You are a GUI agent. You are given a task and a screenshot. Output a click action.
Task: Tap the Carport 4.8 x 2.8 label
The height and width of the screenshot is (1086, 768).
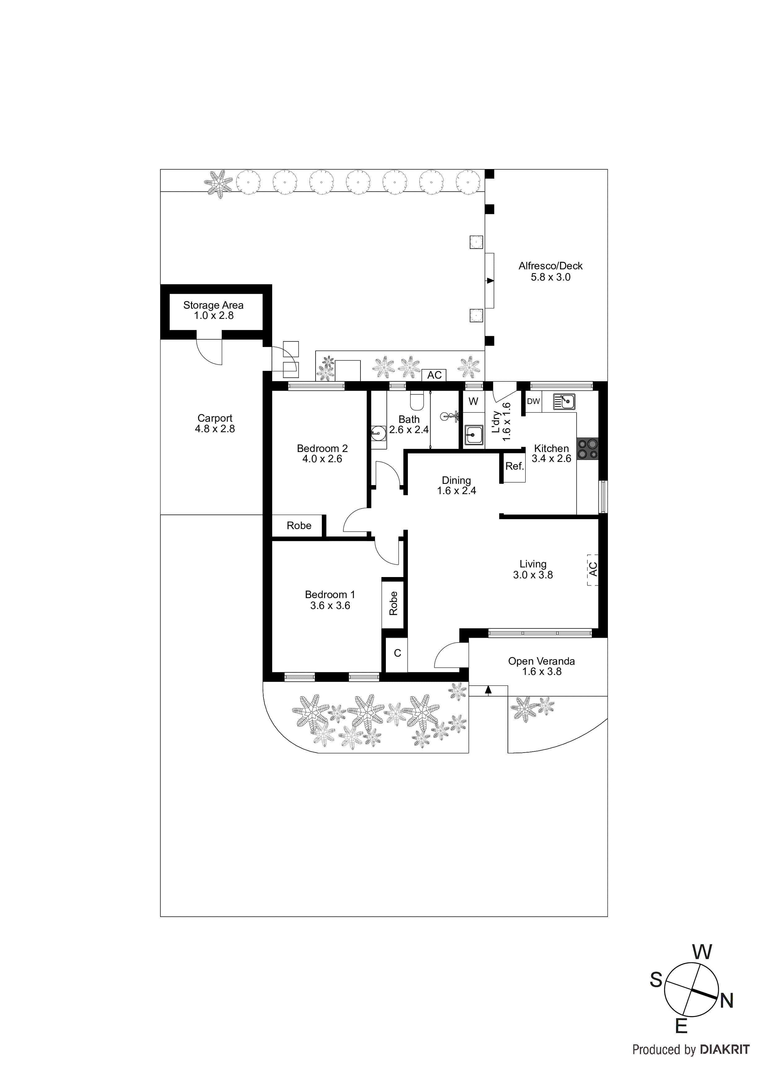215,423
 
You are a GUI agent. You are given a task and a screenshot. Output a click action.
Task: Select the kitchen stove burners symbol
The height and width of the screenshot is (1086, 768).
587,449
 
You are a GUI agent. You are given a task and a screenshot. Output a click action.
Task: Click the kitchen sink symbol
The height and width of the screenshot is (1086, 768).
564,402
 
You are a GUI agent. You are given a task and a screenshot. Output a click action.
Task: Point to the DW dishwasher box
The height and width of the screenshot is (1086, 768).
533,402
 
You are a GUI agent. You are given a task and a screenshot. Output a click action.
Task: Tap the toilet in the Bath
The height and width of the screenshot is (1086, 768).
417,401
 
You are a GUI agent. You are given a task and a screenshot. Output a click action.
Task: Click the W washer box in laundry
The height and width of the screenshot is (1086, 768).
473,402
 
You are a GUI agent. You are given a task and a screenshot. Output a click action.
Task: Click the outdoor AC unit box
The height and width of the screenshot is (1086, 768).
434,375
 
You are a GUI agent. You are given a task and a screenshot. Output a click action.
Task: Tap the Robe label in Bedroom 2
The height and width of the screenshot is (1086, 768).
299,525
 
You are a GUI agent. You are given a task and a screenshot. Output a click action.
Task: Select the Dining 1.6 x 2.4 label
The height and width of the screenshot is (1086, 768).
456,485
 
